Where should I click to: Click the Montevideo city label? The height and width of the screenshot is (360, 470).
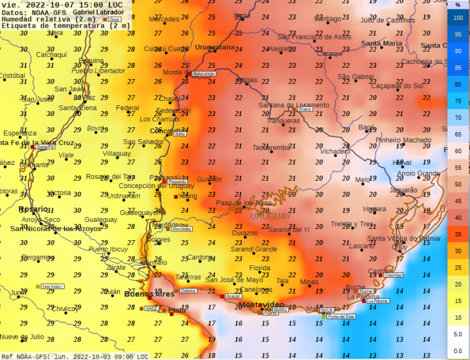(261, 305)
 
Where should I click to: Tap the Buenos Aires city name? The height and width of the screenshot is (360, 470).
(149, 294)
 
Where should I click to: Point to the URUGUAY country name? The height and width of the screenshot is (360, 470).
(270, 216)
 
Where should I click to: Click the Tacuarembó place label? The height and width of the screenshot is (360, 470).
(271, 147)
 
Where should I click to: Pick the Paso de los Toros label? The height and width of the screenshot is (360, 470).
(244, 203)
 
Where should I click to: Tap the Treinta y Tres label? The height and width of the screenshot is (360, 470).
(352, 224)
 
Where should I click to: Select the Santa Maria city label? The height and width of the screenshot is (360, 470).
(382, 43)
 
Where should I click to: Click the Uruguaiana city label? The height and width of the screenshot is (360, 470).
(214, 47)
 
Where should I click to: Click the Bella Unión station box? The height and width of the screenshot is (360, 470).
(204, 73)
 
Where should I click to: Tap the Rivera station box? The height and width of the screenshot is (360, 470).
(305, 109)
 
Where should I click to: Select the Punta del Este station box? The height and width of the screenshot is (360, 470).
(341, 317)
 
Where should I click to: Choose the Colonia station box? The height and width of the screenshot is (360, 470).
(187, 290)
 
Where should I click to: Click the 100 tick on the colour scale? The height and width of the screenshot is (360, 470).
(458, 18)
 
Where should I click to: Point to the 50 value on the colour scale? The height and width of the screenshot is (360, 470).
(458, 184)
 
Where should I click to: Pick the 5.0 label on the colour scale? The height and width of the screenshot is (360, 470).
(458, 334)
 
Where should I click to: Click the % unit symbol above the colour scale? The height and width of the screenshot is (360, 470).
(458, 4)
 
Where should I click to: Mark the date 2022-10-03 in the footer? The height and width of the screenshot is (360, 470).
(93, 356)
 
